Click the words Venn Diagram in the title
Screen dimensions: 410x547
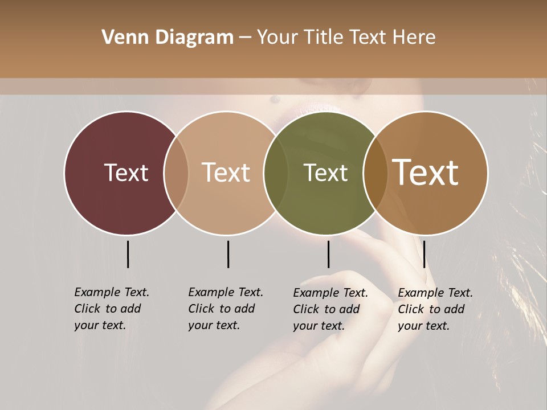(x=168, y=38)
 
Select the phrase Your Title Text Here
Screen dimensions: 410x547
(x=346, y=38)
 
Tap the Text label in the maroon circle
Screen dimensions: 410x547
(x=126, y=173)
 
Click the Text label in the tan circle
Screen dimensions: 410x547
(x=226, y=173)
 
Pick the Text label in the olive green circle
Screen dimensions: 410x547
(x=325, y=173)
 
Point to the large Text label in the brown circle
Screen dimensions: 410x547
(x=426, y=173)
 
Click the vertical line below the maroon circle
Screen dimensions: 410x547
(x=128, y=254)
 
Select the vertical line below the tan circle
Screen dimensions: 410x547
(x=228, y=254)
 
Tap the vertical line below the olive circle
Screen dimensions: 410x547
(x=328, y=254)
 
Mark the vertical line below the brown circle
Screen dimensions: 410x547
(x=424, y=254)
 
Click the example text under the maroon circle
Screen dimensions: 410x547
(x=111, y=309)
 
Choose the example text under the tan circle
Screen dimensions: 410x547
(x=225, y=309)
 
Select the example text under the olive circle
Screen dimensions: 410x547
(x=330, y=309)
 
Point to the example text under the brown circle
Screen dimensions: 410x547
(x=435, y=309)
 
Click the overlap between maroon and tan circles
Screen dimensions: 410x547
(x=176, y=173)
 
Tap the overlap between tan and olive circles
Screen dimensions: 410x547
(x=274, y=173)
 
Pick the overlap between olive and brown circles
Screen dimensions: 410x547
(x=374, y=173)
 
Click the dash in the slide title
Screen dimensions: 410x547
(x=245, y=38)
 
